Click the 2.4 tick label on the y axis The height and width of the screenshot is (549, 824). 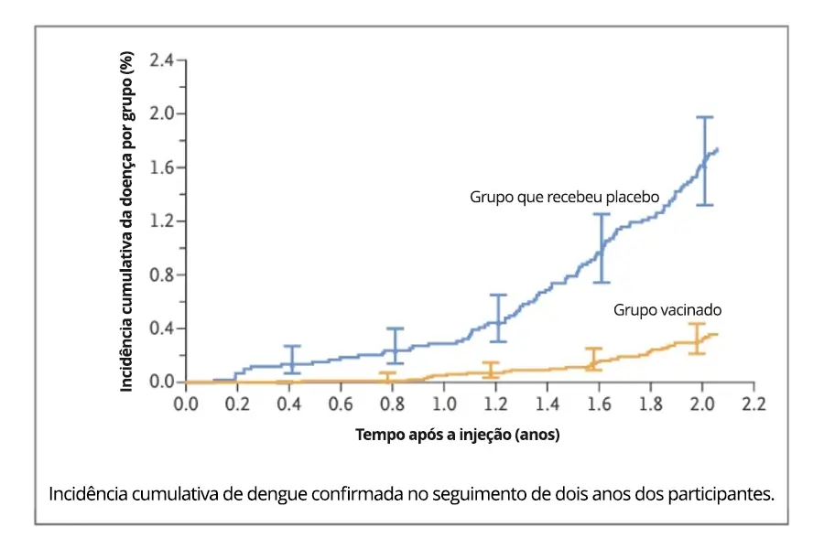pyautogui.click(x=161, y=60)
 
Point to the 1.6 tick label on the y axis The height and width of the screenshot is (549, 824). pyautogui.click(x=161, y=167)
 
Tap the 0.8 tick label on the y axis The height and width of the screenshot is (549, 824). pyautogui.click(x=161, y=274)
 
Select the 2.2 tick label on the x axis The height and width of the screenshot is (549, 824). pyautogui.click(x=754, y=402)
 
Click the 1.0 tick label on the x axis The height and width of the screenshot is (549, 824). pyautogui.click(x=444, y=402)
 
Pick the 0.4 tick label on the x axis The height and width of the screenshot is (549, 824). pyautogui.click(x=289, y=402)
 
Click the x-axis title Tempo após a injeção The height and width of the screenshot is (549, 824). pyautogui.click(x=457, y=436)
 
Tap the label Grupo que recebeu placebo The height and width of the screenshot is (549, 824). pyautogui.click(x=565, y=197)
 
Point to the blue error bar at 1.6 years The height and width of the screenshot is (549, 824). pyautogui.click(x=602, y=247)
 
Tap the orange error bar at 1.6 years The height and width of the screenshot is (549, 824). pyautogui.click(x=593, y=360)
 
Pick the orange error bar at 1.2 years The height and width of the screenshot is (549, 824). pyautogui.click(x=491, y=370)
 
